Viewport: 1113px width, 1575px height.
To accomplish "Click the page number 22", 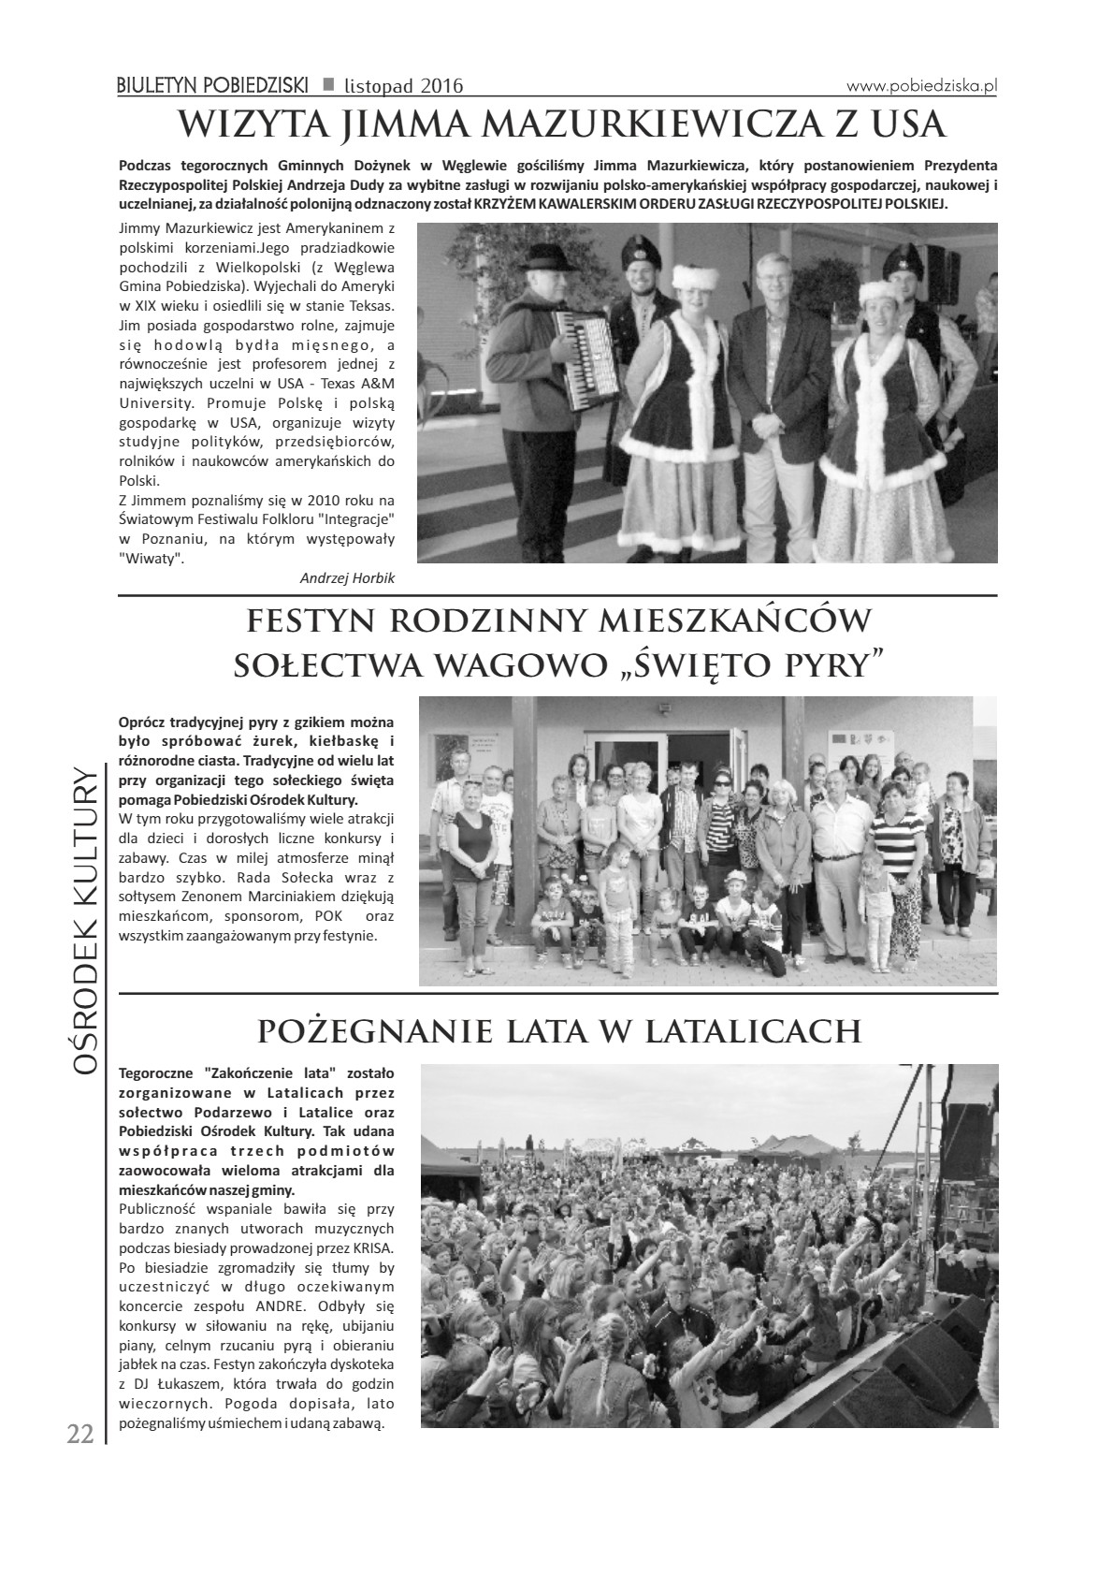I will (79, 1434).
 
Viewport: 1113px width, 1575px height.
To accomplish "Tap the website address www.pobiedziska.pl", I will (921, 85).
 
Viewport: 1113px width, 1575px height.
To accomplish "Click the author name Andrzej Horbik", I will (347, 578).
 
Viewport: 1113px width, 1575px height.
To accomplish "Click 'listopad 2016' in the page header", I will (403, 86).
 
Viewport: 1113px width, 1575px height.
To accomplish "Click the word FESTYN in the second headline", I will (307, 620).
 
